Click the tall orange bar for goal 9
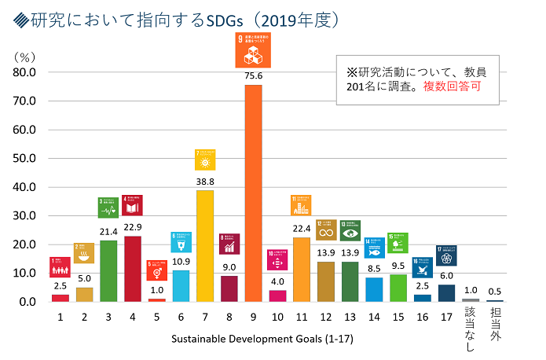click(x=253, y=193)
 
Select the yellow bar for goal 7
click(x=205, y=245)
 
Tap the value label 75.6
click(x=253, y=76)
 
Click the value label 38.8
click(x=205, y=180)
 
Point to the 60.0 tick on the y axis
click(x=24, y=130)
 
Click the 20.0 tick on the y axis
click(x=24, y=244)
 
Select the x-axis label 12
click(x=325, y=317)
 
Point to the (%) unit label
click(x=27, y=57)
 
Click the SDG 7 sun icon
click(x=205, y=160)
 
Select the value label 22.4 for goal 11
click(x=301, y=228)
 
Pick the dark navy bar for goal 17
click(x=446, y=292)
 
